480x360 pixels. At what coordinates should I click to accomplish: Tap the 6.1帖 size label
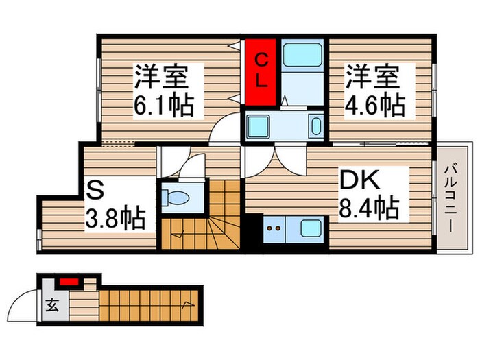point(165,105)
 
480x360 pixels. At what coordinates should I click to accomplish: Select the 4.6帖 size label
point(374,105)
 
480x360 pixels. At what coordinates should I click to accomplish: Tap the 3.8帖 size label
point(115,219)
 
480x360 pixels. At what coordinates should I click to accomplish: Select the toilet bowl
point(180,197)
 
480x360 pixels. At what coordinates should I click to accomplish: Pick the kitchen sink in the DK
point(311,227)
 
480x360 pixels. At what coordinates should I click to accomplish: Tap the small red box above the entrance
point(68,281)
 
